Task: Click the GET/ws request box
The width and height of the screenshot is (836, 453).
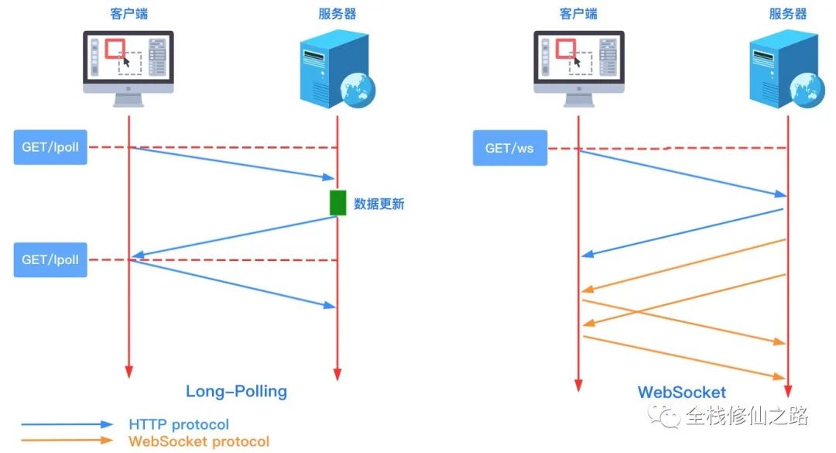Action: click(509, 148)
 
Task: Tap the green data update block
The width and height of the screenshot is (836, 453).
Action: click(337, 202)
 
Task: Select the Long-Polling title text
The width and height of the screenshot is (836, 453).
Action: click(236, 391)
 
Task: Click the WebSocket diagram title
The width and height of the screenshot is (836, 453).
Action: click(682, 392)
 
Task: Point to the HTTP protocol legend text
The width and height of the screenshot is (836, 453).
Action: click(179, 424)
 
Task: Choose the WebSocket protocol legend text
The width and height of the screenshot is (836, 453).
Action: click(199, 441)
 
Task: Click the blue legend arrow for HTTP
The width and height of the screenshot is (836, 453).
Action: click(67, 424)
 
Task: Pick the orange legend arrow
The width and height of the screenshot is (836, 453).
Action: click(67, 441)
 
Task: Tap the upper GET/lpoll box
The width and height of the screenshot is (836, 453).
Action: click(50, 147)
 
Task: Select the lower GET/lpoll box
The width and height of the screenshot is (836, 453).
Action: click(50, 259)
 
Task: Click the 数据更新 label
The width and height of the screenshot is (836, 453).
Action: click(379, 204)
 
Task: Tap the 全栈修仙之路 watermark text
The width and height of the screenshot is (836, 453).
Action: click(746, 417)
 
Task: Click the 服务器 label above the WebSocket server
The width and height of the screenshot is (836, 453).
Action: click(788, 14)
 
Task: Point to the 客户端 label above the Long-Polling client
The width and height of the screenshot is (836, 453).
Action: click(128, 14)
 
